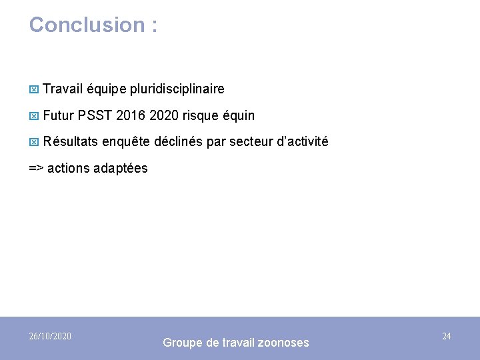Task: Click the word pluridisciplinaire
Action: point(177,89)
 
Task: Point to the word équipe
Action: point(107,89)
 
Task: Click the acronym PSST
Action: point(95,115)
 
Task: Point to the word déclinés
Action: point(177,142)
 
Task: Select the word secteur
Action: point(246,142)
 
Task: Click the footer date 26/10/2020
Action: point(51,336)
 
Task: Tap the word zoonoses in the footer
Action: point(283,343)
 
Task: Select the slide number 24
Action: point(447,336)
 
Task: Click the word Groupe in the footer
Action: point(183,343)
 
